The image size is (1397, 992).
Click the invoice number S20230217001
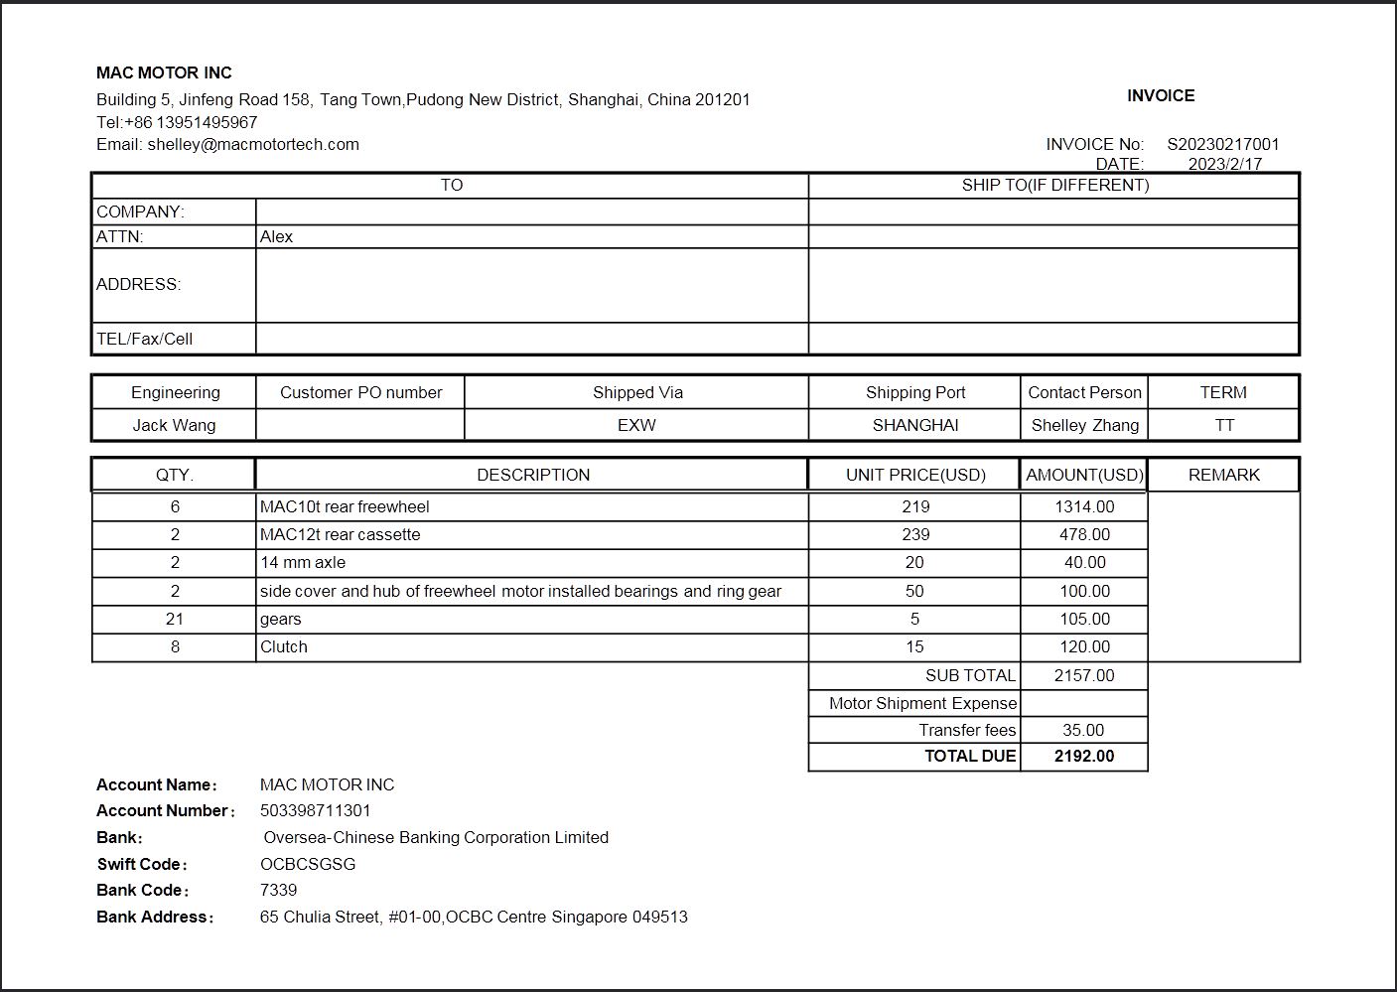pyautogui.click(x=1222, y=144)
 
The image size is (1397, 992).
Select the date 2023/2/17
pyautogui.click(x=1224, y=164)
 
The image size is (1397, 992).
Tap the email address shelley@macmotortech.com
pyautogui.click(x=253, y=144)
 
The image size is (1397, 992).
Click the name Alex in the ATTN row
pyautogui.click(x=276, y=236)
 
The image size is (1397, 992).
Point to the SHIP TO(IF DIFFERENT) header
pyautogui.click(x=1054, y=185)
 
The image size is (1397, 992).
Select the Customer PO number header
pyautogui.click(x=360, y=392)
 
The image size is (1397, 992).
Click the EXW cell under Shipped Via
pyautogui.click(x=636, y=425)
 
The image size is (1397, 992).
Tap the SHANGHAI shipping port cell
pyautogui.click(x=914, y=425)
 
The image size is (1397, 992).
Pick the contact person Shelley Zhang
pyautogui.click(x=1084, y=425)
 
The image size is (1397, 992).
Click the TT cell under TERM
pyautogui.click(x=1223, y=425)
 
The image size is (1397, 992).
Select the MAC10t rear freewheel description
pyautogui.click(x=345, y=506)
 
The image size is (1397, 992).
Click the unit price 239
pyautogui.click(x=914, y=534)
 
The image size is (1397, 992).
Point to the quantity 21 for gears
pyautogui.click(x=175, y=619)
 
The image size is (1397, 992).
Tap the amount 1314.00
pyautogui.click(x=1084, y=506)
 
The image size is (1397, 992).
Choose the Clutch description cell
pyautogui.click(x=284, y=646)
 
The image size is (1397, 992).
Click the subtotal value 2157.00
pyautogui.click(x=1084, y=675)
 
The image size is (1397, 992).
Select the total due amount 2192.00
pyautogui.click(x=1084, y=756)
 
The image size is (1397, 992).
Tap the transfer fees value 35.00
pyautogui.click(x=1083, y=730)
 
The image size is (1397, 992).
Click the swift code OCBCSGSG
pyautogui.click(x=308, y=864)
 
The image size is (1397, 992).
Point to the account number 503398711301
pyautogui.click(x=315, y=810)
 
